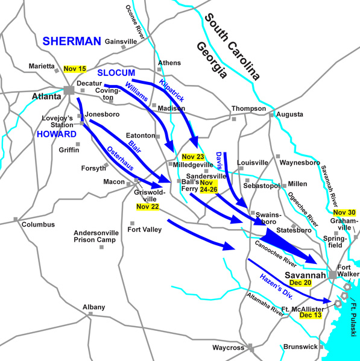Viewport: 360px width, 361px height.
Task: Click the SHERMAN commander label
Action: (71, 41)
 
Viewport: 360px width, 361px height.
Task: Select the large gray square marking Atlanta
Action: (69, 90)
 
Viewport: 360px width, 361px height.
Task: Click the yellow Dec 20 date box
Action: (302, 283)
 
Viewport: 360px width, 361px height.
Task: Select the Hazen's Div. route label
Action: (281, 283)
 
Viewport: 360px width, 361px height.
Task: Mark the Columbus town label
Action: (38, 225)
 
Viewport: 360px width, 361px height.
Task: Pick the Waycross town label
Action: (227, 348)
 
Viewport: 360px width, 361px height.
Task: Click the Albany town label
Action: (93, 307)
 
